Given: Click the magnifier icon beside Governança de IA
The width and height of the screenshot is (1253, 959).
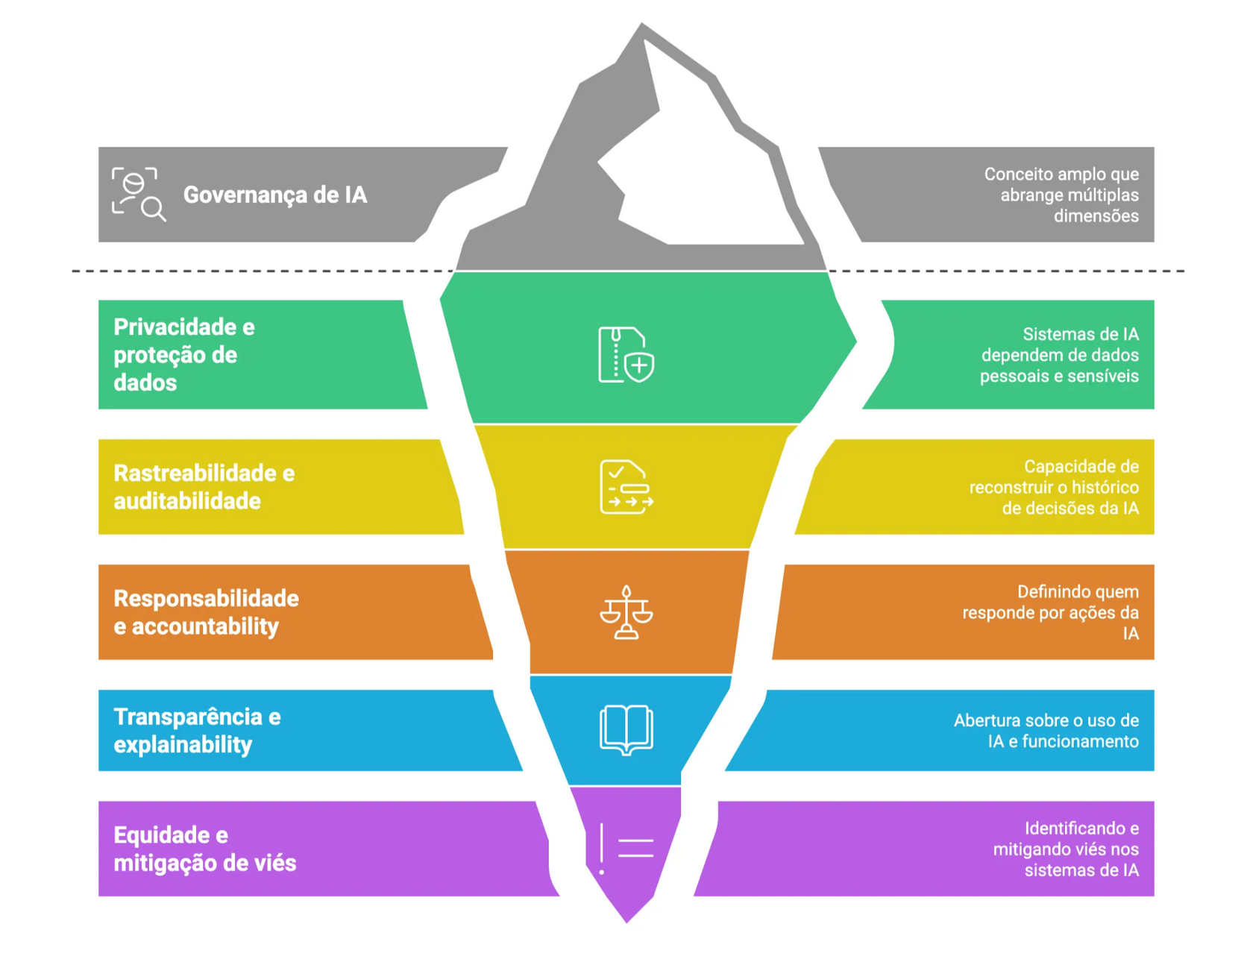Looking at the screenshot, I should tap(139, 194).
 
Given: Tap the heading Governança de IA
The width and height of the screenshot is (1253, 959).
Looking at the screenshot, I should tap(274, 195).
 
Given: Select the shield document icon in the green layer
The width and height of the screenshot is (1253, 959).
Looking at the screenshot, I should tap(626, 355).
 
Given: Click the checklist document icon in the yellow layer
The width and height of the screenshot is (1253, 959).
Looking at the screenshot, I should tap(626, 487).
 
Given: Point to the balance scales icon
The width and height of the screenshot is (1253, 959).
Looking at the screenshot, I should tap(626, 613).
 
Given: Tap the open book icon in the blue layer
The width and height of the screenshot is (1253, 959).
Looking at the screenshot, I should tap(626, 730).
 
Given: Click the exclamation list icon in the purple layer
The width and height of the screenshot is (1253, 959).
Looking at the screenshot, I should tap(626, 849).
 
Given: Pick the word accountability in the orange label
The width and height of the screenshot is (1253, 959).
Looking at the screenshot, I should tap(205, 626).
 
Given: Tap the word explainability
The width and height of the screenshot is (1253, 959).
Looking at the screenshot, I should tap(183, 744).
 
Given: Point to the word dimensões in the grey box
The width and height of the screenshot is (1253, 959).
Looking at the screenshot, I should tap(1096, 216).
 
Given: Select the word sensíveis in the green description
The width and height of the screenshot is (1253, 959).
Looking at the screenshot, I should tap(1102, 376).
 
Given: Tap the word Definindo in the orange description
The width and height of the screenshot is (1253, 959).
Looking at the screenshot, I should tap(1052, 592).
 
